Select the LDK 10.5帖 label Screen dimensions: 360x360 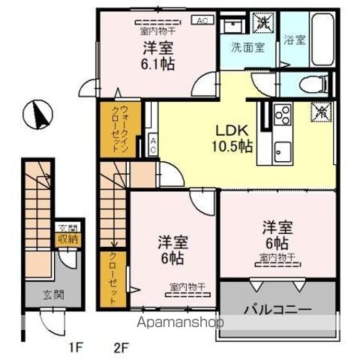tap(234, 137)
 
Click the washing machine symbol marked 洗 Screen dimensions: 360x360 tap(264, 22)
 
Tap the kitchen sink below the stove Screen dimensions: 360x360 tap(283, 145)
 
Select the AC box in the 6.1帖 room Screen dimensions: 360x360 tap(202, 21)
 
